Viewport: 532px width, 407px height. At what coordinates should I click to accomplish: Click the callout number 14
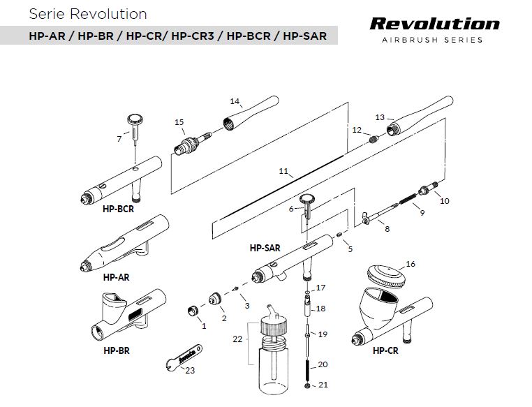click(235, 101)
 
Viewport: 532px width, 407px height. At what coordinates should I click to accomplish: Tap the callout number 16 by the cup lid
click(411, 264)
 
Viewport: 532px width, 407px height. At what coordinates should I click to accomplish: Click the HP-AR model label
click(116, 277)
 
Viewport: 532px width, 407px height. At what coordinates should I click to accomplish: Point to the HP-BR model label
click(116, 350)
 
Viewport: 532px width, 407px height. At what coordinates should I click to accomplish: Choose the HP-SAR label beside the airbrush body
click(265, 247)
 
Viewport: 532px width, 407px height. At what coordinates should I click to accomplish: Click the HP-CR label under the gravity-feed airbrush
click(385, 350)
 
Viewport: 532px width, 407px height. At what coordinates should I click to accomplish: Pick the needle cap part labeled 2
click(216, 300)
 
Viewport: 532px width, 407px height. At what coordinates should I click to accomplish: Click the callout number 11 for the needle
click(283, 170)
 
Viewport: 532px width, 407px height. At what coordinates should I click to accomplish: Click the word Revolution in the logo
click(434, 23)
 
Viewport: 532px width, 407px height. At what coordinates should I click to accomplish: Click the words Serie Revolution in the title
click(88, 14)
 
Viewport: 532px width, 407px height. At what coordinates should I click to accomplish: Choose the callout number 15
click(179, 122)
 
